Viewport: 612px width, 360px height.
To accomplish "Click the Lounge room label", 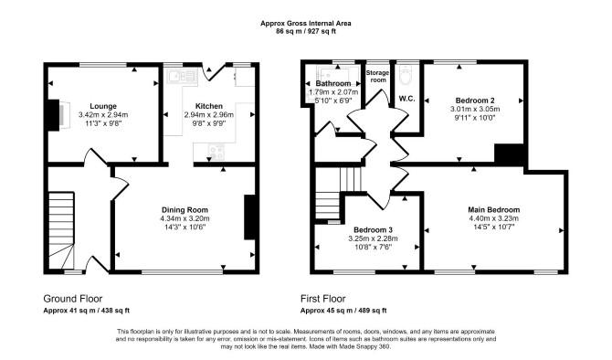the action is [x=103, y=106].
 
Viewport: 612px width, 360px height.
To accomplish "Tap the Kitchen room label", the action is [x=209, y=106].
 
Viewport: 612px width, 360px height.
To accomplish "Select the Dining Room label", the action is [x=185, y=210].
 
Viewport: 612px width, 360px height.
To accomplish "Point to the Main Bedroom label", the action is [x=494, y=210].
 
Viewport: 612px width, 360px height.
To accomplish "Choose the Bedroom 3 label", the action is [x=373, y=230].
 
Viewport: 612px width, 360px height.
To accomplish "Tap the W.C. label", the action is [x=406, y=99].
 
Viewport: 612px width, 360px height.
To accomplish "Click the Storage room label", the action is [x=377, y=76].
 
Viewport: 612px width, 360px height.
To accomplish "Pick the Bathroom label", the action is [x=332, y=83].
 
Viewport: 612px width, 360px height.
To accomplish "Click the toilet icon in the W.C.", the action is [x=406, y=74].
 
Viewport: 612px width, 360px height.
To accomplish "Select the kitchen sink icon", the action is [x=182, y=76].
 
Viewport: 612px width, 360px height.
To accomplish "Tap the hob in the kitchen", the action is [x=216, y=152].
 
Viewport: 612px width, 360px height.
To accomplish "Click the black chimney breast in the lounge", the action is [x=53, y=115].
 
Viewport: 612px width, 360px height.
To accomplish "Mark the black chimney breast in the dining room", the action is [x=249, y=217].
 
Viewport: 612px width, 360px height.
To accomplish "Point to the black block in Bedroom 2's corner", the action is [x=509, y=154].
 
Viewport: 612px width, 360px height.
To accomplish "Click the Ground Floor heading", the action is [x=72, y=299].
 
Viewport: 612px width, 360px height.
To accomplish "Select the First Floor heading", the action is [x=322, y=299].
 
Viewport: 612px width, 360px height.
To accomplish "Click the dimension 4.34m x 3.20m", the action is [x=185, y=218].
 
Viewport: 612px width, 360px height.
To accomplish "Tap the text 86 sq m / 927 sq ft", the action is [x=306, y=32].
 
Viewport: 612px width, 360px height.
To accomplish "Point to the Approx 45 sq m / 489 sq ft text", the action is [x=343, y=311].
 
